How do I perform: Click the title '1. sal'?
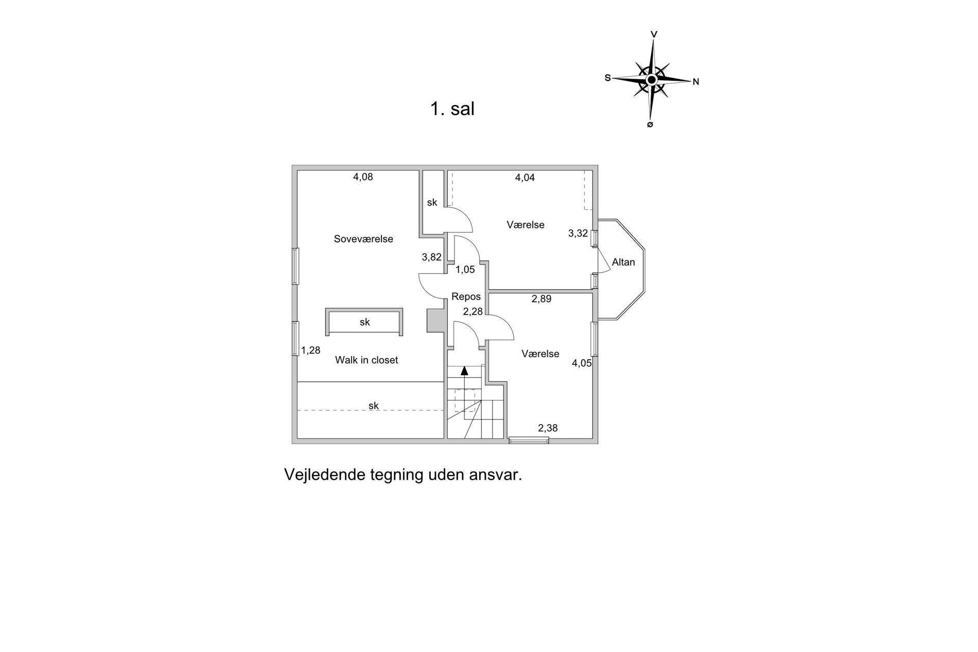[452, 109]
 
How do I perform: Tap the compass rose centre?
[652, 80]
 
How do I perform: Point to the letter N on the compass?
[696, 81]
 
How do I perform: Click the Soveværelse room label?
[363, 239]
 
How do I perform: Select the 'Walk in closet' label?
[366, 360]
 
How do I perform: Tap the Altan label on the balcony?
[623, 262]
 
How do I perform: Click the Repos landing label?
[466, 296]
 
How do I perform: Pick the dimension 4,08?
[363, 177]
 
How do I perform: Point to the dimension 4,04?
[525, 178]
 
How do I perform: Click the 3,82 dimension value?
[431, 257]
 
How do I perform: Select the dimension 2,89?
[542, 298]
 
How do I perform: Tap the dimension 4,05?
[582, 363]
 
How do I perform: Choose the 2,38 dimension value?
[548, 428]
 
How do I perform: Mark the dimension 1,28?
[310, 350]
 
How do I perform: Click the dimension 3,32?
[578, 233]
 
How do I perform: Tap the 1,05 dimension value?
[465, 269]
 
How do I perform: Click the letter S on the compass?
[608, 78]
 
